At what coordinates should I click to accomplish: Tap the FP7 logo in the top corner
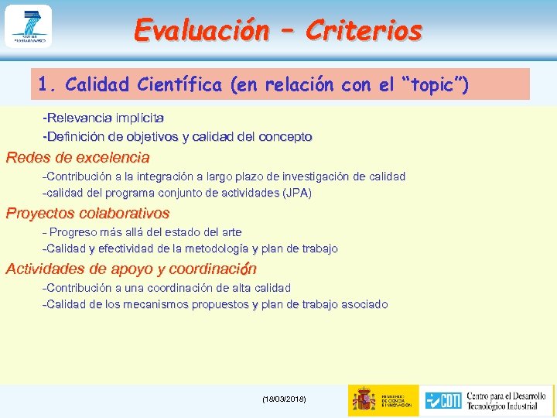[28, 26]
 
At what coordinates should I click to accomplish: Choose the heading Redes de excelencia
[77, 158]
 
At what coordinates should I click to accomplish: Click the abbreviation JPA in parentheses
[297, 193]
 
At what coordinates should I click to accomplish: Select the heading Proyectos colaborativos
[87, 214]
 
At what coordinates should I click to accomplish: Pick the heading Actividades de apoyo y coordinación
[131, 269]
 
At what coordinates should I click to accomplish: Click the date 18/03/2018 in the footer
[284, 399]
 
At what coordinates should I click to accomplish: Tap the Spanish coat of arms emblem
[364, 399]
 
